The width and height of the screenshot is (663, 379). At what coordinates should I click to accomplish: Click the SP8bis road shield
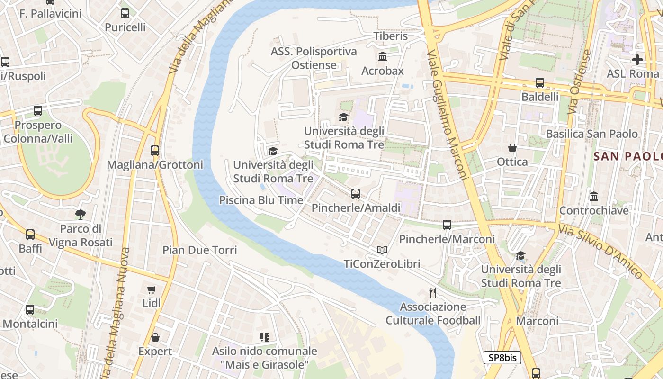point(502,358)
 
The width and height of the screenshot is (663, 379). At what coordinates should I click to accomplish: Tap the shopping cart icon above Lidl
point(152,289)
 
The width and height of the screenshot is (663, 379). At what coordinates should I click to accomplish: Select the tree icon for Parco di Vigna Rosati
point(81,215)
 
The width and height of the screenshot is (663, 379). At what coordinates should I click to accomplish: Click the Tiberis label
point(391,36)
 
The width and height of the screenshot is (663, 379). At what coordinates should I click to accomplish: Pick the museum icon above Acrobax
point(383,57)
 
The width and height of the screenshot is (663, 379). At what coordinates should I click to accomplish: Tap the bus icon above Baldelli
point(540,83)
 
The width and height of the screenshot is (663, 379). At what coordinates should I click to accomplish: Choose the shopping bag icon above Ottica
point(512,148)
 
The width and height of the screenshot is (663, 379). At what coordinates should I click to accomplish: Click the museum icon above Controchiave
point(594,196)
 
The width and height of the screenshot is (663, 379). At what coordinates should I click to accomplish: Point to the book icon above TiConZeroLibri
point(382,250)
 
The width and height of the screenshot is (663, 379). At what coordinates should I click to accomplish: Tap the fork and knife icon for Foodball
point(432,292)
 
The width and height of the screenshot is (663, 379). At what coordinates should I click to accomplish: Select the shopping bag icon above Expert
point(155,337)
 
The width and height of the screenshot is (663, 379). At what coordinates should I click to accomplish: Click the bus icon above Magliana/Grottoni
point(155,151)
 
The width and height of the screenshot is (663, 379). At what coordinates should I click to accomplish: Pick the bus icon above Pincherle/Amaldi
point(356,194)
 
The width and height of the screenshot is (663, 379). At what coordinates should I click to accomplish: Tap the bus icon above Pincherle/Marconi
point(447,225)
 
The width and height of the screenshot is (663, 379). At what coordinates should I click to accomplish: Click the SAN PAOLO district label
point(628,156)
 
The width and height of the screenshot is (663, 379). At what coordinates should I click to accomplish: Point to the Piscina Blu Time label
point(261,200)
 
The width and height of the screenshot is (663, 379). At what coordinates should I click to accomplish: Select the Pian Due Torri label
point(200,250)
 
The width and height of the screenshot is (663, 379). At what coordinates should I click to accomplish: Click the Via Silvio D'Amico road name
point(600,251)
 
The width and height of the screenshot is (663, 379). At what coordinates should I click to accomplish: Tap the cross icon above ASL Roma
point(637,60)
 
